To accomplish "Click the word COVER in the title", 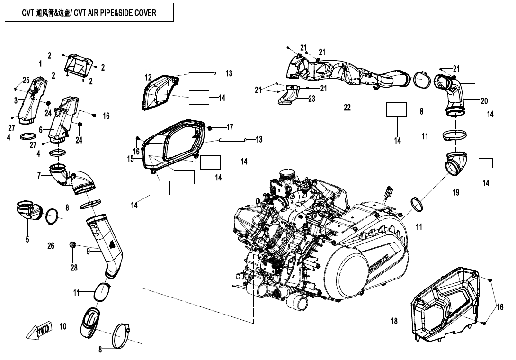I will click(x=144, y=13).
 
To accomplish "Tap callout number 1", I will click(x=41, y=63).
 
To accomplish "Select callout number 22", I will click(x=347, y=108).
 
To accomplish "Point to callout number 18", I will click(x=394, y=321).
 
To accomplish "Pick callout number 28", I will click(x=74, y=267).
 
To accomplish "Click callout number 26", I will click(x=51, y=245).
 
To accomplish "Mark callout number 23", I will click(x=311, y=99).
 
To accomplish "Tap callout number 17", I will click(x=230, y=127).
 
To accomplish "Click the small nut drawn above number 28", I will click(x=73, y=244).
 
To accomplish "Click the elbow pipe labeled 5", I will click(x=28, y=211).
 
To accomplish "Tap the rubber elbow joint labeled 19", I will click(x=456, y=163).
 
